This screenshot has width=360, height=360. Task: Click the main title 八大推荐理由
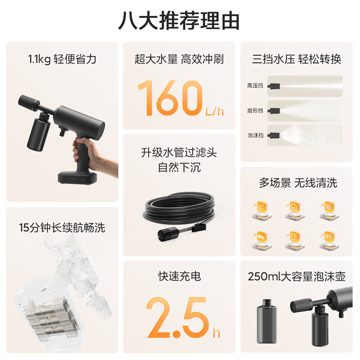coord(179,21)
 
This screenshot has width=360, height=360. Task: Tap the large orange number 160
coord(169,98)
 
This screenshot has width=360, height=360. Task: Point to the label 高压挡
coord(255,85)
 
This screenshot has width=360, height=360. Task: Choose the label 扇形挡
coord(255,110)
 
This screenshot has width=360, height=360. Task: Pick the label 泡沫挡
coord(255,135)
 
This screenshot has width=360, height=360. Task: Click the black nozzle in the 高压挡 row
coord(274,85)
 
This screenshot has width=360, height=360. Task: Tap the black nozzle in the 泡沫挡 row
coord(274,134)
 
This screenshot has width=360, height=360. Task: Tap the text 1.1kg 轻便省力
coord(62,59)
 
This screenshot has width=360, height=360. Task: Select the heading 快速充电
coord(179,276)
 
